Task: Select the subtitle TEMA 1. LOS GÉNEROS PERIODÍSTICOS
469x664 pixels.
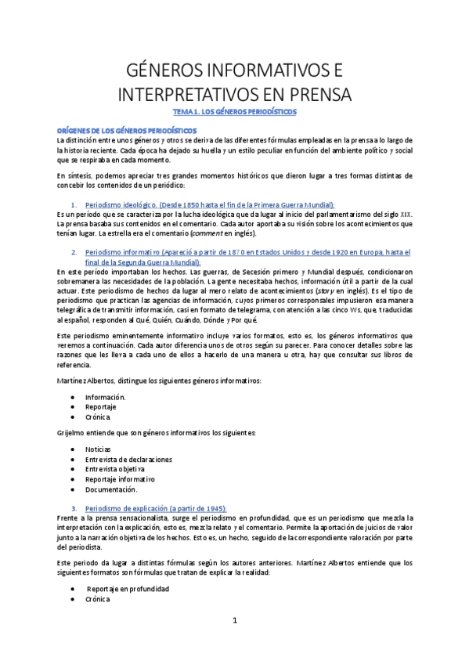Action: (235, 112)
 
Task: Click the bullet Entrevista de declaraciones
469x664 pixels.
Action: (128, 459)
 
